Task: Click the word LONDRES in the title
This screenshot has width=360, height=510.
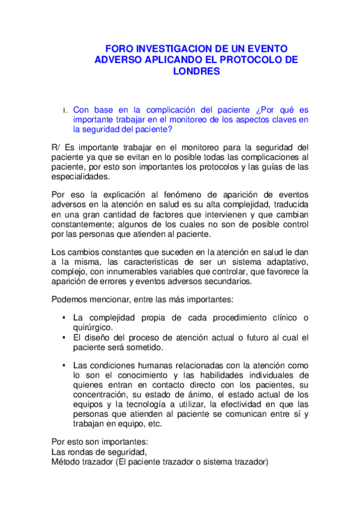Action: coord(197,71)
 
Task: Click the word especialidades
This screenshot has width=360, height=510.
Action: coord(81,177)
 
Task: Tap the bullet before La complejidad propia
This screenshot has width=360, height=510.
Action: coord(63,318)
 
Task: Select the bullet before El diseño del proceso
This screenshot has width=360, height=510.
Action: coord(63,338)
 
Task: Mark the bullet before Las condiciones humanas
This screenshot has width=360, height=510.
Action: coord(63,365)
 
